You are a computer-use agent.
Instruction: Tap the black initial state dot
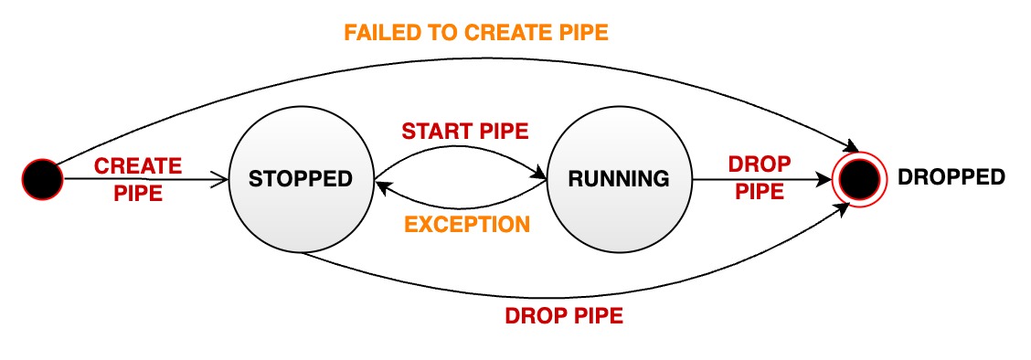click(43, 179)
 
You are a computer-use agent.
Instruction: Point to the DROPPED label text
click(951, 177)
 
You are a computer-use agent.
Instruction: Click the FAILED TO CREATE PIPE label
click(475, 33)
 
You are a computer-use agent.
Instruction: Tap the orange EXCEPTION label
click(467, 224)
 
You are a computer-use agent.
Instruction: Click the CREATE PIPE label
click(138, 179)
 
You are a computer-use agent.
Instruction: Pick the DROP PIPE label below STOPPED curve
click(564, 316)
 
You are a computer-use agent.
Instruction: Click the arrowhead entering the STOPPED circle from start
click(219, 180)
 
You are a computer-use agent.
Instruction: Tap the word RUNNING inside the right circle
click(619, 179)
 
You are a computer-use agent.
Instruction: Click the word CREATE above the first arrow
click(138, 166)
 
